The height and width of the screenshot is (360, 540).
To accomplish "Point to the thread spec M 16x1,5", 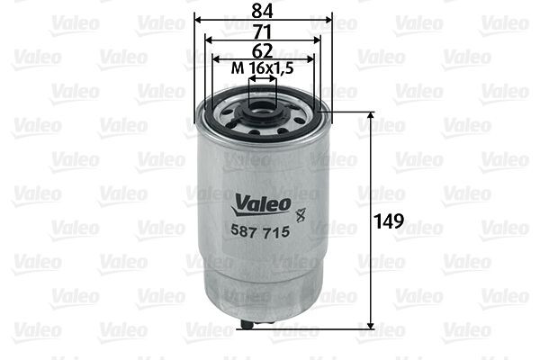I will pos(263,69).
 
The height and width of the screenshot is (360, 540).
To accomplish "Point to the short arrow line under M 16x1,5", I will pos(263,80).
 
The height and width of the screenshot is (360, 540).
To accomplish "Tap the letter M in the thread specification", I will pos(238,69).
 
